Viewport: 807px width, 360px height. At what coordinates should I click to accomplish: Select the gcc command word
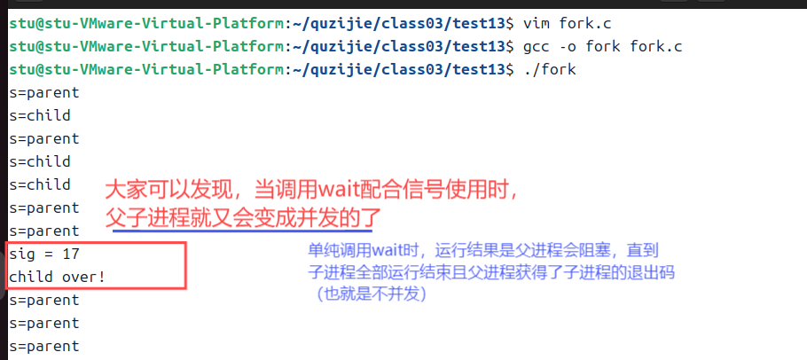[x=536, y=45]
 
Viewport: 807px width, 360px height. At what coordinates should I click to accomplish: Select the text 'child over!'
[x=57, y=278]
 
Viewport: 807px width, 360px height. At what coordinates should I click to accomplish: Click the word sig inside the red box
[x=22, y=254]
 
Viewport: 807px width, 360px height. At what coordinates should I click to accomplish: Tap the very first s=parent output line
[x=44, y=92]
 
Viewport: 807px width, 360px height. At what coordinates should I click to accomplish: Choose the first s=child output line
[x=40, y=115]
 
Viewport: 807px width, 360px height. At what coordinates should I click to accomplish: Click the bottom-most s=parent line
[x=44, y=347]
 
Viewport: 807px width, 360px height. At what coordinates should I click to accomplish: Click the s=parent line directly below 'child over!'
[x=44, y=301]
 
